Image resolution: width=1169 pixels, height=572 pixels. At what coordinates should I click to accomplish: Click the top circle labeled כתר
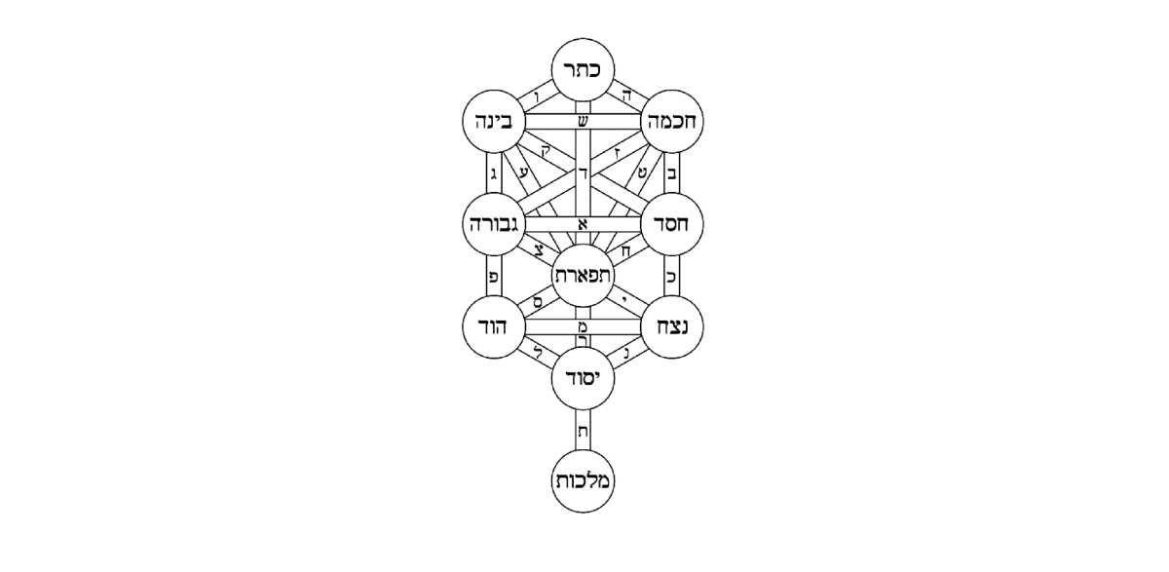pos(583,70)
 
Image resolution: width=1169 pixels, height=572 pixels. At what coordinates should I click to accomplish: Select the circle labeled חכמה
pos(672,121)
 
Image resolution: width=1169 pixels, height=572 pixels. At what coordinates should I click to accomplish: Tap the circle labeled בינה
pos(494,121)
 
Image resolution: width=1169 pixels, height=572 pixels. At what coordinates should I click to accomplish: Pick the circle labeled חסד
pos(672,224)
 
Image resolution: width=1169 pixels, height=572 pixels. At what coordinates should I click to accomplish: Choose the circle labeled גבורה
pos(494,224)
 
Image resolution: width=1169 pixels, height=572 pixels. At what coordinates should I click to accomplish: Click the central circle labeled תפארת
pos(583,276)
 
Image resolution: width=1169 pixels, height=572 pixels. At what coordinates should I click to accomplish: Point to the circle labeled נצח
pos(672,326)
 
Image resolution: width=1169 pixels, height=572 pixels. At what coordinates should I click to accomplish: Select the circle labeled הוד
pos(494,326)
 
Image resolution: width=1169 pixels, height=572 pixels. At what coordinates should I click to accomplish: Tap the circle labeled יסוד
pos(583,378)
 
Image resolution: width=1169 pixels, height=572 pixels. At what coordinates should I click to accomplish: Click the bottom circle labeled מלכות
pos(583,481)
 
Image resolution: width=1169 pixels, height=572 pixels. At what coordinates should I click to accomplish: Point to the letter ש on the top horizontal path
pos(583,122)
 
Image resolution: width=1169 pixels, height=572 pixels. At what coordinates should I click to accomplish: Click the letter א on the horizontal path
pos(583,224)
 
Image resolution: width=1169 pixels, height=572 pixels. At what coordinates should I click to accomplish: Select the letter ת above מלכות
pos(583,432)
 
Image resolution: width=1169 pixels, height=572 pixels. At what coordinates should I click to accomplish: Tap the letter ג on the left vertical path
pos(493,172)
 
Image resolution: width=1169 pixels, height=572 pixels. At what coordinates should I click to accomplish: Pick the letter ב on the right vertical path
pos(672,173)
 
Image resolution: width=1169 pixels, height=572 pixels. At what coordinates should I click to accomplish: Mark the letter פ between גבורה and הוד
pos(493,277)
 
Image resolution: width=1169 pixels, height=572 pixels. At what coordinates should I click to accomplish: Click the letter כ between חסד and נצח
pos(671,277)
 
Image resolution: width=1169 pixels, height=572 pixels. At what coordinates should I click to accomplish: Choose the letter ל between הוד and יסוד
pos(539,351)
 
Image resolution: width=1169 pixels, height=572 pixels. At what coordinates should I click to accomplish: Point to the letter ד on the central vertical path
pos(583,173)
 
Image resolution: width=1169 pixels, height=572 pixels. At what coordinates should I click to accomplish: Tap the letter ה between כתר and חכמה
pos(627,95)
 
